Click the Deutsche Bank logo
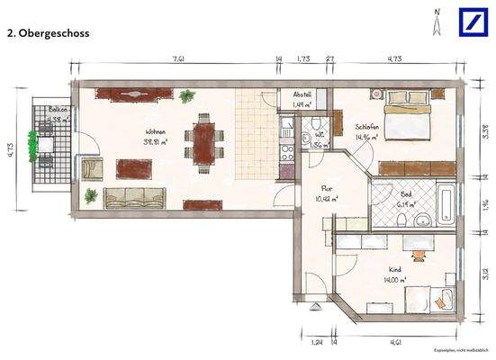point(475,22)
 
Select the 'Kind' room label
point(392,269)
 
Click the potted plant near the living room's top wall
point(187,95)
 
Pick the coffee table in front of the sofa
point(135,168)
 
